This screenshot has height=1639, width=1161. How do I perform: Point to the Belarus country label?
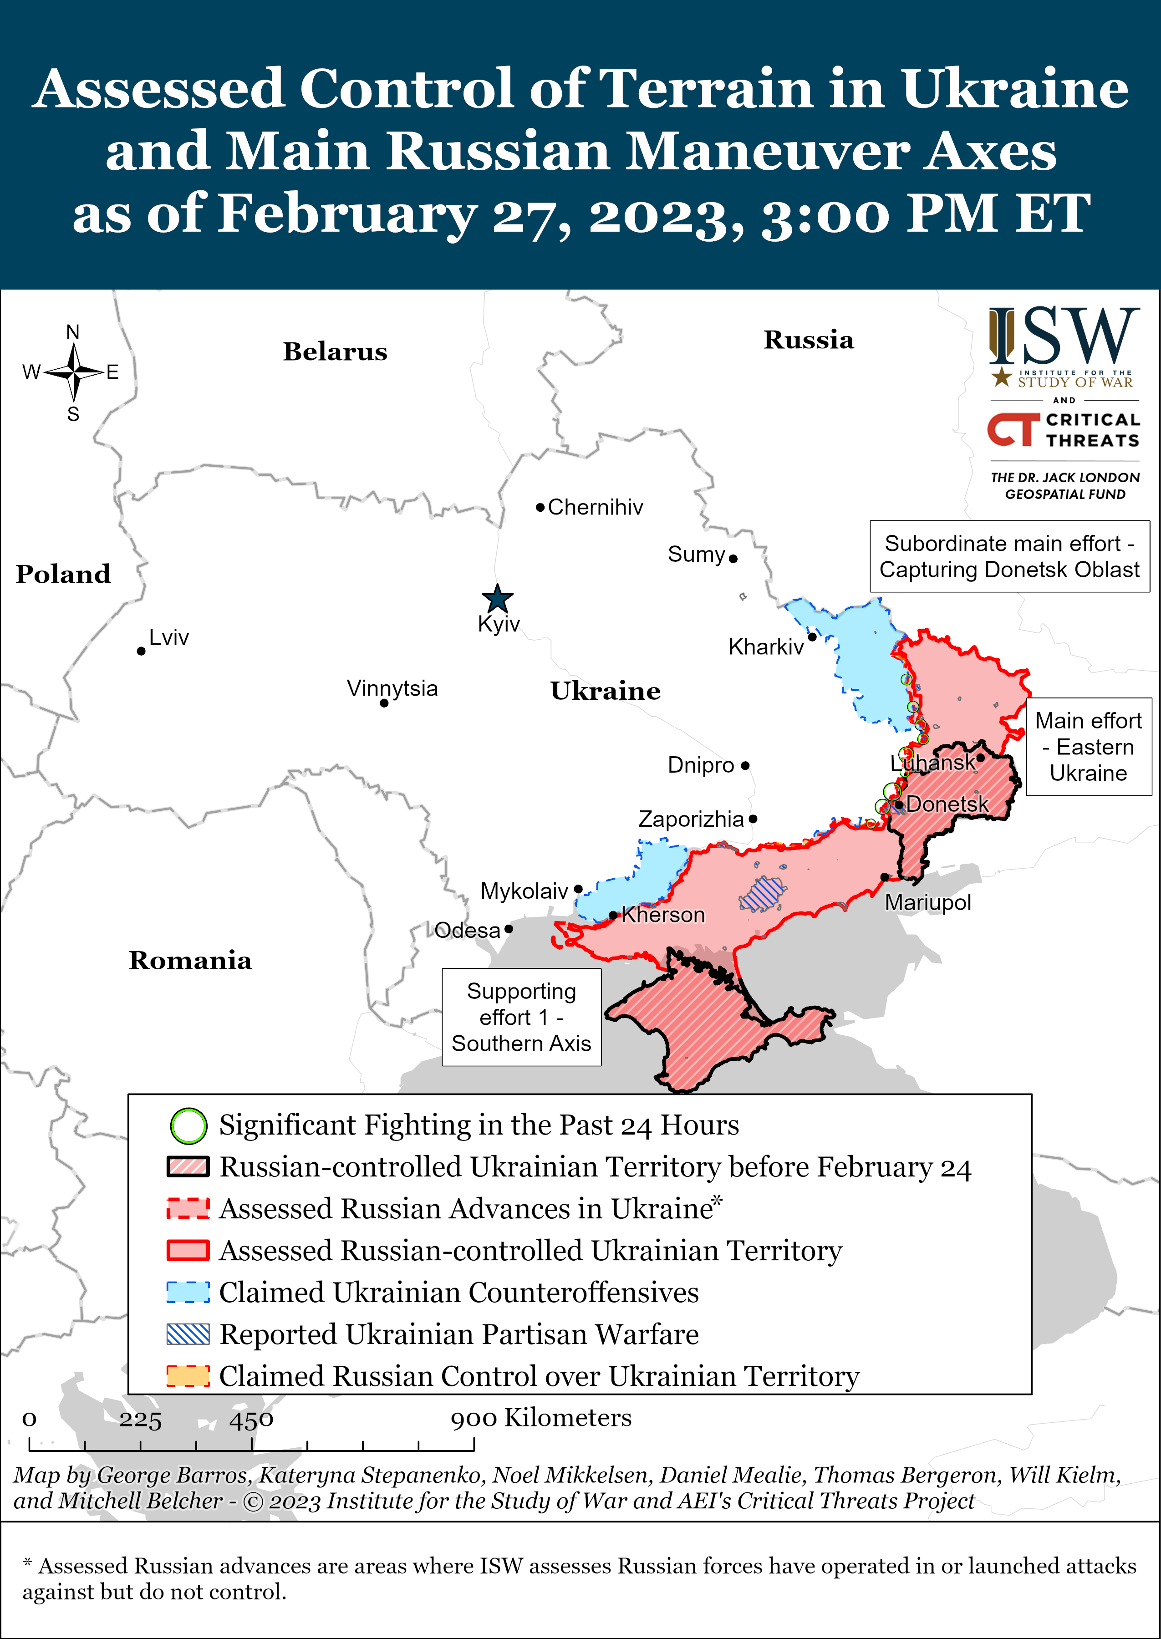pyautogui.click(x=335, y=351)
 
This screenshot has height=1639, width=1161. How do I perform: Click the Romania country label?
pyautogui.click(x=190, y=960)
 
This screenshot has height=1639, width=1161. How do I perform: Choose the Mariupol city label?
pyautogui.click(x=927, y=903)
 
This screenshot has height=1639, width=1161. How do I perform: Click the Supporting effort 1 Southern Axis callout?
pyautogui.click(x=521, y=1017)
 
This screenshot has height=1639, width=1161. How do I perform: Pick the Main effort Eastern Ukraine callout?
pyautogui.click(x=1088, y=747)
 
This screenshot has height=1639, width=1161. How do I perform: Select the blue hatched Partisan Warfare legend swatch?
pyautogui.click(x=188, y=1334)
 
